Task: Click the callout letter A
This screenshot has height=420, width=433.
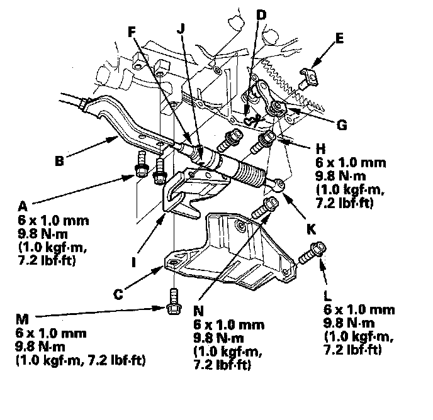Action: point(23,206)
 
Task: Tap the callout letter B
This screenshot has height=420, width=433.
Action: point(59,161)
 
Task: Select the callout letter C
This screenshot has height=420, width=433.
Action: point(118,294)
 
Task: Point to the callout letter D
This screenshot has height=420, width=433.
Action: point(261,14)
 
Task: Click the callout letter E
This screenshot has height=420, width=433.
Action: point(339,38)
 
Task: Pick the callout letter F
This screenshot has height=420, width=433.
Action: point(132,32)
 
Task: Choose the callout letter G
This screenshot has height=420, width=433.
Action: point(342,125)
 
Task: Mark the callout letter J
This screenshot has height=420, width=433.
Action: point(181,28)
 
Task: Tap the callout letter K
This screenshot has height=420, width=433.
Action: point(311,229)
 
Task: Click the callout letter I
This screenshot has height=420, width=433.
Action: point(134,262)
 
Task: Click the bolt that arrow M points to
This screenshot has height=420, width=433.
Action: point(174,302)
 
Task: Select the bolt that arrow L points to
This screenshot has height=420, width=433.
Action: point(313,253)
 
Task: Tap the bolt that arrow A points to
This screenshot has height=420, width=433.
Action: point(142,165)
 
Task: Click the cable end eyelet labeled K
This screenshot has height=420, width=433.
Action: point(279,184)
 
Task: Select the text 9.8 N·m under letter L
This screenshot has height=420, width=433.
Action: point(349,323)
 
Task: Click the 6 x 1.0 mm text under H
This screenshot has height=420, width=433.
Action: point(351,163)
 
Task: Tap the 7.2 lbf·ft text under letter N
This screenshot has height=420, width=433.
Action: point(222,365)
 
